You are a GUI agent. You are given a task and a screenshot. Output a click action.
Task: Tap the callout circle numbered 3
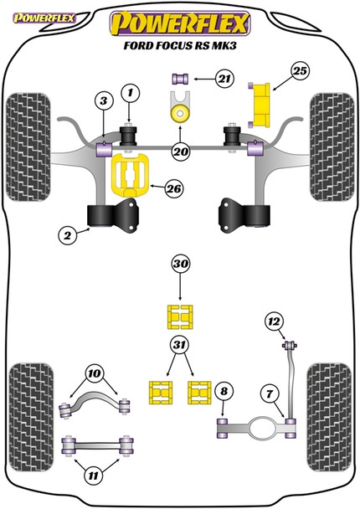point(103,101)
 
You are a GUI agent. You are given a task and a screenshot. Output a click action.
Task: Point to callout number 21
point(222,80)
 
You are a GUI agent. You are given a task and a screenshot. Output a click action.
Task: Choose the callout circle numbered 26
point(172,189)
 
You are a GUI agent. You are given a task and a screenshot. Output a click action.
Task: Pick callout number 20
point(180,152)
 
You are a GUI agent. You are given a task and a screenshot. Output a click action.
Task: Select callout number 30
point(180,265)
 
